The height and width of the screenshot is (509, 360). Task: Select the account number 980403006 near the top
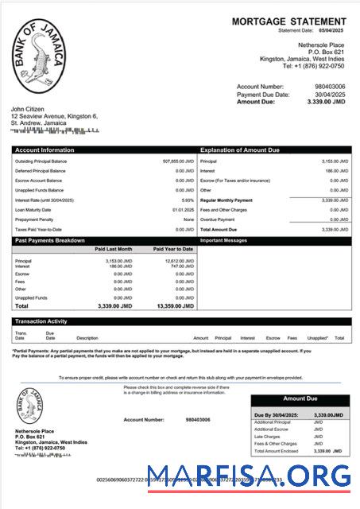click(x=331, y=86)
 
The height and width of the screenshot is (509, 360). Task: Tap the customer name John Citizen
click(x=27, y=108)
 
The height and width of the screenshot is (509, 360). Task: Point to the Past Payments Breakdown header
click(x=50, y=239)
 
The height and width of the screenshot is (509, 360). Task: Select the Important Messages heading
click(x=225, y=239)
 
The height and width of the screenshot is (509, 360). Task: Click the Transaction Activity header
click(x=41, y=321)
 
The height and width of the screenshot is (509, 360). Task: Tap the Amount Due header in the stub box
click(x=300, y=398)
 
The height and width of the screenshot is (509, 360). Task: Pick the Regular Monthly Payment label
click(x=226, y=200)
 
